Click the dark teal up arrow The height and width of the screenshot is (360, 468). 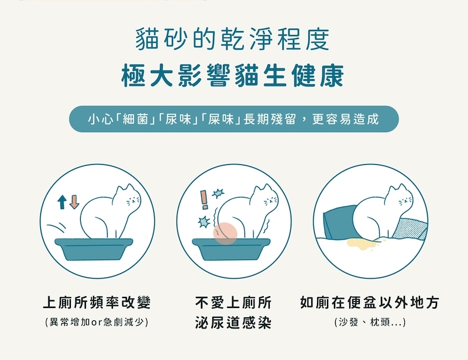(x=62, y=202)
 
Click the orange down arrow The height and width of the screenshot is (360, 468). (x=74, y=202)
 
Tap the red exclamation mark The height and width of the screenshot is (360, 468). (x=204, y=200)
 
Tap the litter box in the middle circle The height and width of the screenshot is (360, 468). (x=232, y=250)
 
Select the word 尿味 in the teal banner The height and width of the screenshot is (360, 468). (x=176, y=119)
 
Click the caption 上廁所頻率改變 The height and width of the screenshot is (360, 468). (x=97, y=303)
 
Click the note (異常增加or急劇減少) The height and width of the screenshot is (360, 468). (x=97, y=322)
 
